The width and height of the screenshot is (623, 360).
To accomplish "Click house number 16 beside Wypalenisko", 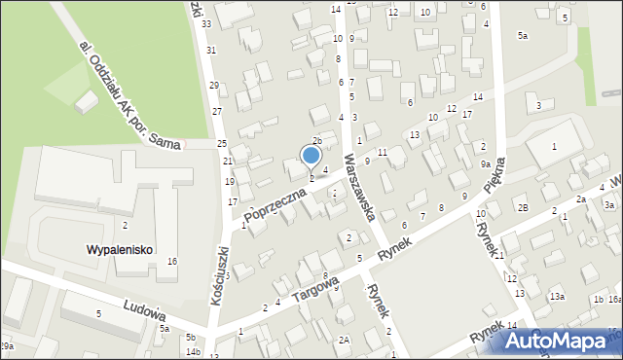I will point(172,262).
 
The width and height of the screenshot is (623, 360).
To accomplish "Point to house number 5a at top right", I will point(523,36).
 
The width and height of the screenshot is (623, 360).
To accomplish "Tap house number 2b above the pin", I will point(316,141).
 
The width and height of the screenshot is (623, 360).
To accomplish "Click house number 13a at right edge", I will point(557,297).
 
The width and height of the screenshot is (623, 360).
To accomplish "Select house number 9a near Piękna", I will point(485,164).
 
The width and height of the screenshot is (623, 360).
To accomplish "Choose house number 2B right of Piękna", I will point(523,208).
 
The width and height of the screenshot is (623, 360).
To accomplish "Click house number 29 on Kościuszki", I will point(214,86).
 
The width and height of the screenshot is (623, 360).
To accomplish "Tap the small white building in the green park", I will point(88,100).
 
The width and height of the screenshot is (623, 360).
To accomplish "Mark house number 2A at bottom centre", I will point(344,340).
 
